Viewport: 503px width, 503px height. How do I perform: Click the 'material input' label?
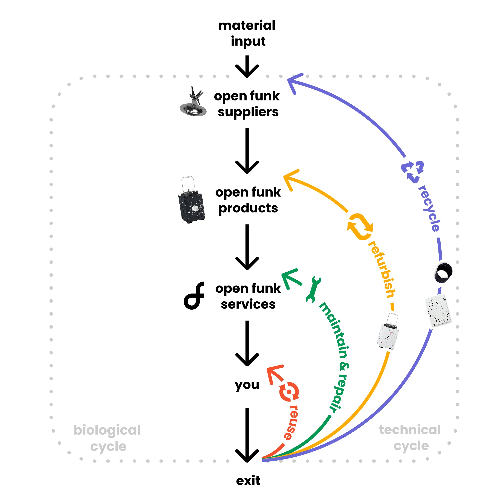tap(247, 33)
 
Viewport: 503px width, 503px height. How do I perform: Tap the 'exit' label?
tap(248, 481)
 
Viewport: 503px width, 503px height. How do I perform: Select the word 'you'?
tap(247, 385)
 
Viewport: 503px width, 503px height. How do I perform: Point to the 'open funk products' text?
tap(248, 200)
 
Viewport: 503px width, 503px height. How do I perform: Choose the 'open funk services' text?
tap(248, 296)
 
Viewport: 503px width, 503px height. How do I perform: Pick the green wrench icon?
tap(313, 289)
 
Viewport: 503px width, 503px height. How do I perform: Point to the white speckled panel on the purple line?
tap(438, 310)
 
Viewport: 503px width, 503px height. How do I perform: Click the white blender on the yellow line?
tap(388, 332)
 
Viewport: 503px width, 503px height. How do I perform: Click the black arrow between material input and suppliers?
tap(247, 67)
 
